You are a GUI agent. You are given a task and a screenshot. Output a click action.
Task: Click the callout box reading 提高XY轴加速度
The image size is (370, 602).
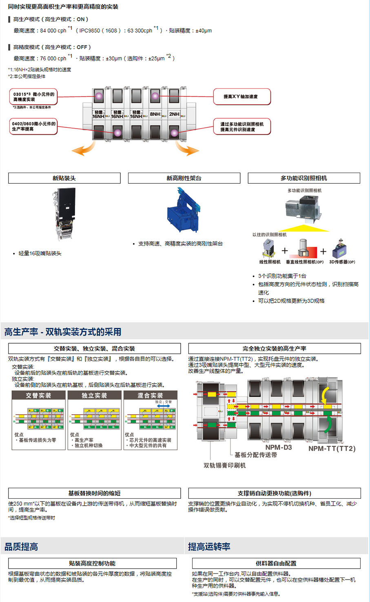[241, 97]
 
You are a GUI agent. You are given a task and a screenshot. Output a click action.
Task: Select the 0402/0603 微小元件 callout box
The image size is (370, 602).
[33, 126]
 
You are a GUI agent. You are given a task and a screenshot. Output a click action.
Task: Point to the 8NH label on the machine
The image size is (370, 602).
[155, 114]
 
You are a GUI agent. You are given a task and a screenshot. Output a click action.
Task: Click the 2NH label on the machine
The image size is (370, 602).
[174, 114]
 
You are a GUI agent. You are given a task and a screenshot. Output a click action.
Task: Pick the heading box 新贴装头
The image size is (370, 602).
[64, 178]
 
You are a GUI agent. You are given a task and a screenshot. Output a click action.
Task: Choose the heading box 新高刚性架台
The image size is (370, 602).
[184, 178]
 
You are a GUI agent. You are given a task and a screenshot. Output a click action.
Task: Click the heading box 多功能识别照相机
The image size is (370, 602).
[304, 178]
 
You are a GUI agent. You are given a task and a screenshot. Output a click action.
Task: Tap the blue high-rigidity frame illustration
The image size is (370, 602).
[184, 211]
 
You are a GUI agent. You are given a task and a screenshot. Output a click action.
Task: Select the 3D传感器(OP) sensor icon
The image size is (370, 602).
[340, 249]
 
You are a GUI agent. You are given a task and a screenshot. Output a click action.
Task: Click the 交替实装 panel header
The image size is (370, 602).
[39, 395]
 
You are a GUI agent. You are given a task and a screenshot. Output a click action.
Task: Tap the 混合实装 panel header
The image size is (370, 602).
[150, 395]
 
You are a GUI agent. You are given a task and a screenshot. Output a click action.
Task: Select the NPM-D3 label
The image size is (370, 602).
[279, 447]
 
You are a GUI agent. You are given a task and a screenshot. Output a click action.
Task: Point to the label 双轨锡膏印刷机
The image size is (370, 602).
[224, 465]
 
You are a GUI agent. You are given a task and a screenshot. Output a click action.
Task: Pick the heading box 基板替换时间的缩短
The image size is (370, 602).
[94, 493]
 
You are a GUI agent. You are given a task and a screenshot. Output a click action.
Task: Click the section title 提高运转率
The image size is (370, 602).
[209, 546]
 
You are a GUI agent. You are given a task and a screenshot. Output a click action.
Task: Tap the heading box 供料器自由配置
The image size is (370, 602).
[276, 563]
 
